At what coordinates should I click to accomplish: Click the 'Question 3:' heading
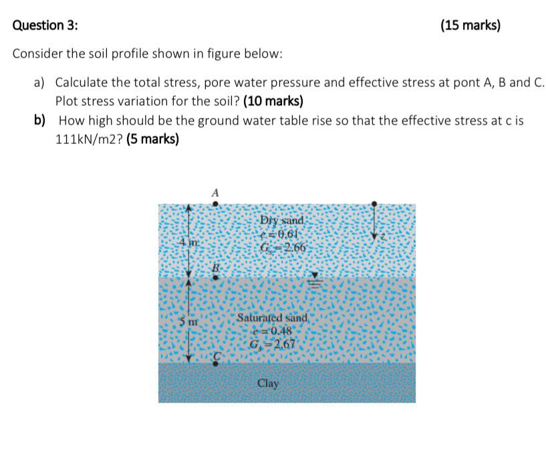pos(45,26)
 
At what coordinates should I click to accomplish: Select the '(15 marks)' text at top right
pos(470,26)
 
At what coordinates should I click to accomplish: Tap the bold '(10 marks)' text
pos(273,102)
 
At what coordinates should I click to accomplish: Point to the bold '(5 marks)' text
pos(152,140)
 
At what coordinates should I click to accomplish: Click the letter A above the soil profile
pos(215,192)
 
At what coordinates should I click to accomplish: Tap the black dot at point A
pos(215,203)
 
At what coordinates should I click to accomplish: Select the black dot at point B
pos(215,277)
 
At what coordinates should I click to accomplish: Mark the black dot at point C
pos(215,364)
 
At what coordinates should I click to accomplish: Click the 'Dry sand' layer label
pos(281,220)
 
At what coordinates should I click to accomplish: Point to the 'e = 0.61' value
pos(281,234)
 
